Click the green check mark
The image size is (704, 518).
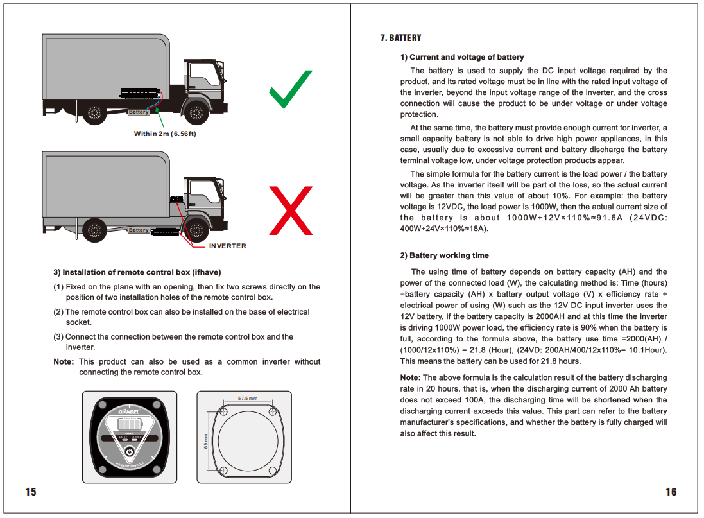[290, 90]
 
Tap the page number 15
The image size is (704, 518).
[31, 492]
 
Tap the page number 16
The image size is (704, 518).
[671, 492]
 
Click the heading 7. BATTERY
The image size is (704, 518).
[400, 39]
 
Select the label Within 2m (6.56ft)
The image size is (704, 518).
[165, 134]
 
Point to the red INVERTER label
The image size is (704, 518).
[227, 246]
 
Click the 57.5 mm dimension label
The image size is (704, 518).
[247, 399]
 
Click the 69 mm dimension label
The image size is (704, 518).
[206, 441]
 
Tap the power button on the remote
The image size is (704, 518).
[129, 452]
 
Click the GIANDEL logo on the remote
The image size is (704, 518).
[129, 411]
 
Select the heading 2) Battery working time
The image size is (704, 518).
[444, 255]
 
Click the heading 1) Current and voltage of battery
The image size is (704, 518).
[462, 57]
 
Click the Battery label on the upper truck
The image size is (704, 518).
[139, 112]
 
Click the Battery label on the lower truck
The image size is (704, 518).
[139, 230]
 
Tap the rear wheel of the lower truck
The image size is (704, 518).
[94, 229]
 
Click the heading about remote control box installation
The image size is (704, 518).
[141, 272]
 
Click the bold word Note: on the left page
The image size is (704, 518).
[64, 362]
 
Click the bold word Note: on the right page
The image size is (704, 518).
[410, 377]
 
